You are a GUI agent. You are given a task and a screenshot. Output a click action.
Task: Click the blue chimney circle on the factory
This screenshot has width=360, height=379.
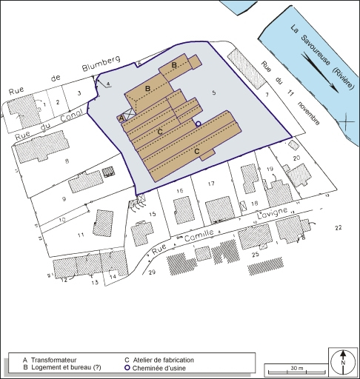pos(199,124)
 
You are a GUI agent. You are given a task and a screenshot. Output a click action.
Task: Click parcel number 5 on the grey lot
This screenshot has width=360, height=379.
pos(213,93)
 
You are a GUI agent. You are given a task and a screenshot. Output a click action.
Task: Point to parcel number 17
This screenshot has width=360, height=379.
pos(211,183)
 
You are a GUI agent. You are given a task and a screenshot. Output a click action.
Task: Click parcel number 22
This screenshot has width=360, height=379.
pos(339,227)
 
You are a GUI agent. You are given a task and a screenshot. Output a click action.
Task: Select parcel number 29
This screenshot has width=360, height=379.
pos(152,273)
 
